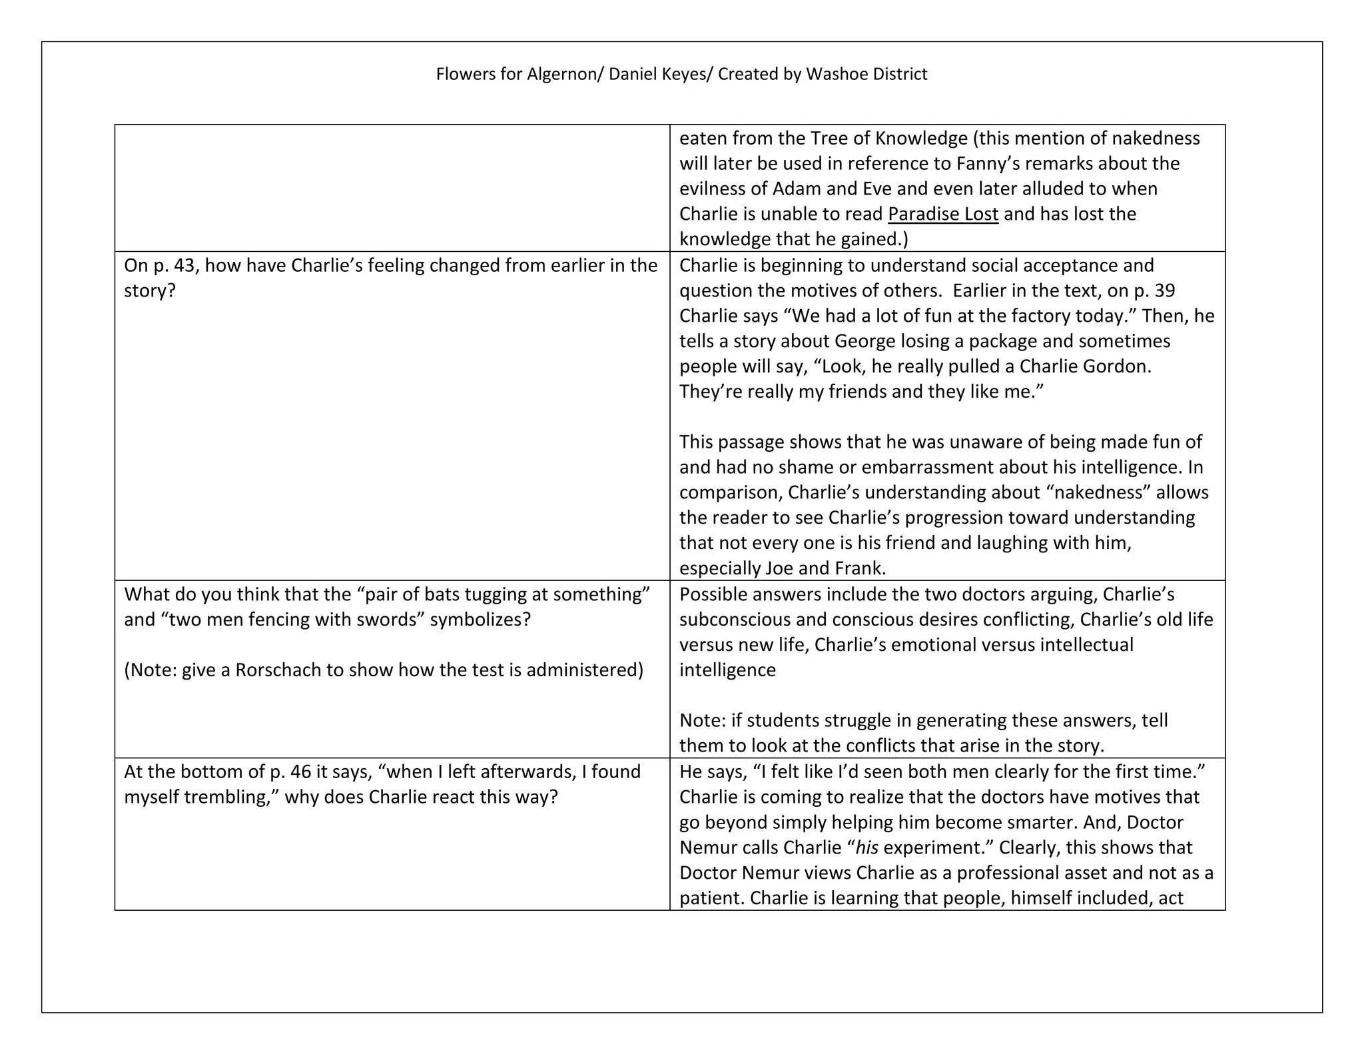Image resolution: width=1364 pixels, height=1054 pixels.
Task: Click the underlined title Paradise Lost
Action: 943,214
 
